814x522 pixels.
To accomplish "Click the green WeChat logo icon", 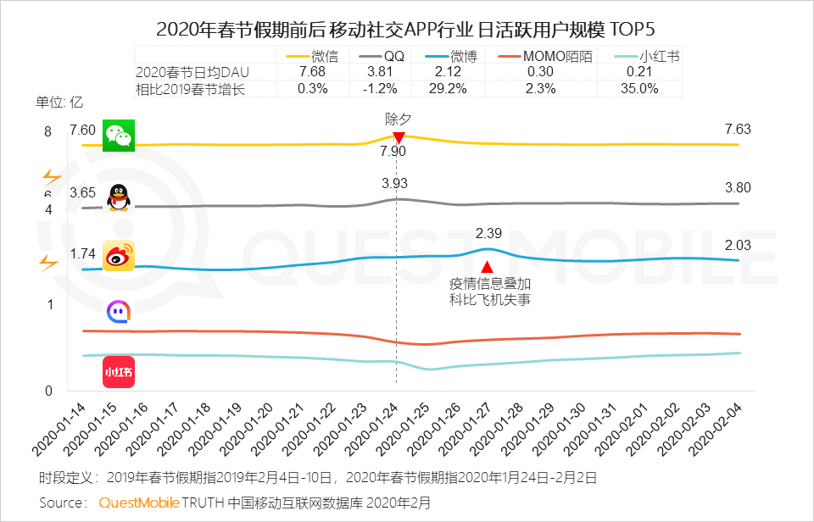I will pyautogui.click(x=119, y=136).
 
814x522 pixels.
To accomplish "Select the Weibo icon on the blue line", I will pyautogui.click(x=119, y=256).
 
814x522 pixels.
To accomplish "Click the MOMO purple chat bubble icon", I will pyautogui.click(x=118, y=312).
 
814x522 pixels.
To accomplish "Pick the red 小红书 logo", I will pyautogui.click(x=119, y=372).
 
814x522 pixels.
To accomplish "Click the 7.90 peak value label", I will pyautogui.click(x=393, y=152).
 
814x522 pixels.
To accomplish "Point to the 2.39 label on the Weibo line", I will pyautogui.click(x=489, y=233).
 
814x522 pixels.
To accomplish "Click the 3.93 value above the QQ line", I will pyautogui.click(x=395, y=183).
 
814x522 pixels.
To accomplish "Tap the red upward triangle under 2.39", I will pyautogui.click(x=487, y=267).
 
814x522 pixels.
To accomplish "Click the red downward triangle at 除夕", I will pyautogui.click(x=398, y=137).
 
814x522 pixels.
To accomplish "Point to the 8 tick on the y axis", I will pyautogui.click(x=48, y=131).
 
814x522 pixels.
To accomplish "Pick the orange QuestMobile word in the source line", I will pyautogui.click(x=139, y=503).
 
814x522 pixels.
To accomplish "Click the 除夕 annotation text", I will pyautogui.click(x=398, y=119).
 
